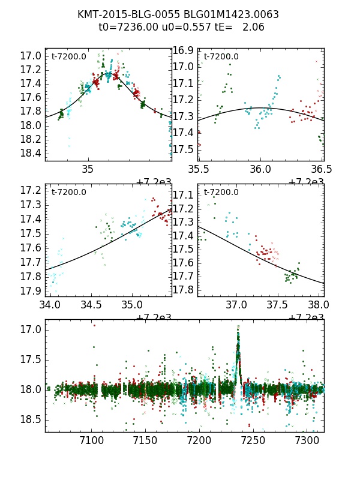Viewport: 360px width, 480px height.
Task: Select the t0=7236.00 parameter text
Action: [126, 27]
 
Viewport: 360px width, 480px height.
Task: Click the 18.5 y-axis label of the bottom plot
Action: [29, 419]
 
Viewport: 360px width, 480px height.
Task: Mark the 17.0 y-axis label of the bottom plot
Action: [29, 329]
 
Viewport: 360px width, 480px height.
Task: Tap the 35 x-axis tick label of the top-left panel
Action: [88, 170]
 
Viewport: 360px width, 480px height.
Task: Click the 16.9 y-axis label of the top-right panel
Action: [183, 50]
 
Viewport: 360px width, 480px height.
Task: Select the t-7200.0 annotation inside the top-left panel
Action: [69, 57]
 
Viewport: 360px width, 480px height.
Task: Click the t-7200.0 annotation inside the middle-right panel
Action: [221, 192]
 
